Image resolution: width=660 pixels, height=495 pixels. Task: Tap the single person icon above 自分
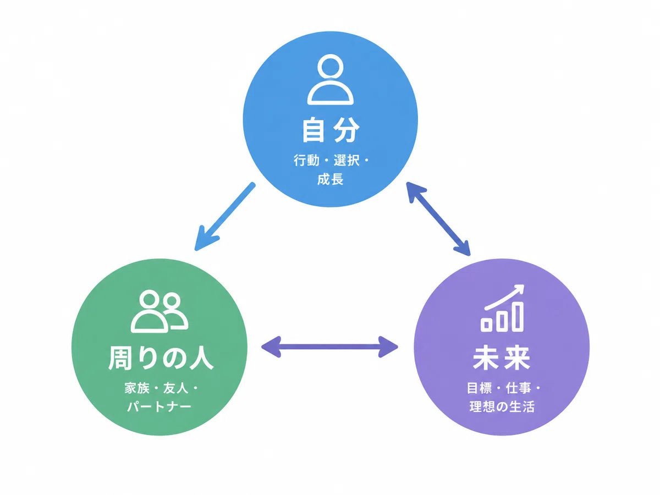(330, 80)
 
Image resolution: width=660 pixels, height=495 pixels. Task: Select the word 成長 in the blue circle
(330, 179)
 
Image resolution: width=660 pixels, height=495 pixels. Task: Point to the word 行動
(306, 160)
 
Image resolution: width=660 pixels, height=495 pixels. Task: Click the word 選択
(346, 160)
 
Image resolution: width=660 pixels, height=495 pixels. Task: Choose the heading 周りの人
(161, 358)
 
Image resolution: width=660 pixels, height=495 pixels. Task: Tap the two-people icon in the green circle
(159, 311)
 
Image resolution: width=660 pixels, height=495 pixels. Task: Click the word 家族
(137, 388)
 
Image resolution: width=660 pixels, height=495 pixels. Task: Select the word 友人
(176, 388)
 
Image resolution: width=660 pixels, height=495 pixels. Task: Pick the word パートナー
(159, 406)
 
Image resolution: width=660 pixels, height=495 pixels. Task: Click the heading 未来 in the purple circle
(502, 358)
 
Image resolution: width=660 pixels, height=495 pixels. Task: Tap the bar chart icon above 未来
(503, 308)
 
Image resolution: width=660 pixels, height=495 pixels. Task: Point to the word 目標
(479, 388)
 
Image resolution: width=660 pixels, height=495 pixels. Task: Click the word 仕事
(519, 388)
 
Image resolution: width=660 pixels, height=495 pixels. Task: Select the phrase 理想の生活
(502, 406)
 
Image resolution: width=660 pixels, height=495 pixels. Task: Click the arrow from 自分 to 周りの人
(225, 216)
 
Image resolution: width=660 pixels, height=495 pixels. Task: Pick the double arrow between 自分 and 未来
(438, 219)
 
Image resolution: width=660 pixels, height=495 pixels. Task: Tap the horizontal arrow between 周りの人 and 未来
(329, 347)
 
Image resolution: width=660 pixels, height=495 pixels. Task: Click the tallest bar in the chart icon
(518, 316)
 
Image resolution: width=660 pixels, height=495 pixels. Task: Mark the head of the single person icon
(330, 67)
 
